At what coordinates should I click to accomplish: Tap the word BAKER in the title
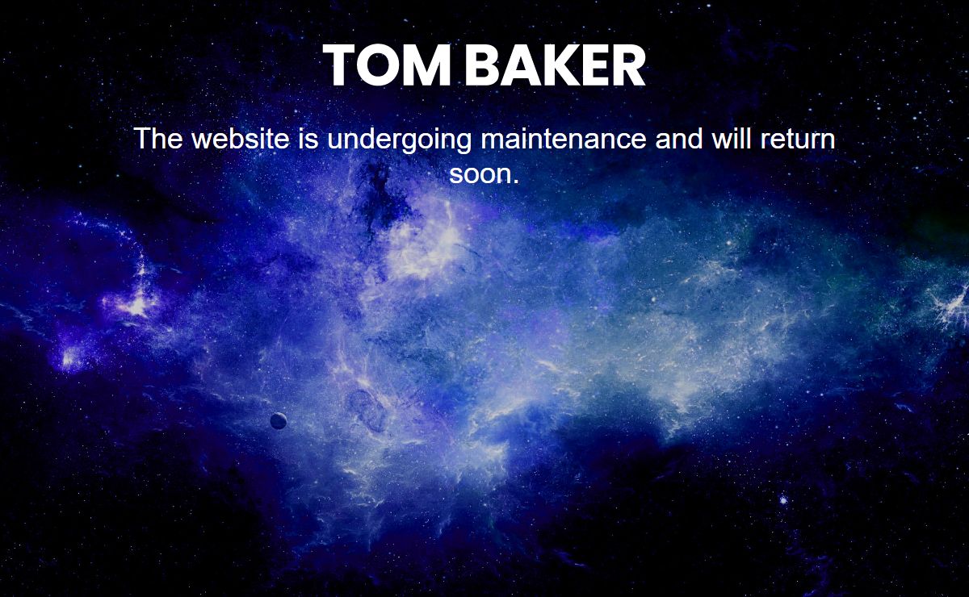point(555,65)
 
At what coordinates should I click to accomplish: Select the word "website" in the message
point(240,139)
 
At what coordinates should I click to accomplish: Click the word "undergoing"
point(399,140)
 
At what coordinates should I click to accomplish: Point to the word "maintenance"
point(564,139)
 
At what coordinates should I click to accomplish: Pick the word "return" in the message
point(798,140)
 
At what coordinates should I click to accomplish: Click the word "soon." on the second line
point(484,174)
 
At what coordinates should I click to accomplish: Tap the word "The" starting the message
point(158,139)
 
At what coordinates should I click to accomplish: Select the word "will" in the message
point(730,139)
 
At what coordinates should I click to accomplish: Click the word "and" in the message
point(679,139)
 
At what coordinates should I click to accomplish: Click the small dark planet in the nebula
point(278,420)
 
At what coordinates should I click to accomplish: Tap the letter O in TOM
point(379,65)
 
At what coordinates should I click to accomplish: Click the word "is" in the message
point(308,139)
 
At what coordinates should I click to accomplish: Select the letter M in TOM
point(429,65)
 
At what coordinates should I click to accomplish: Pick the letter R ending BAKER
point(627,65)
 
